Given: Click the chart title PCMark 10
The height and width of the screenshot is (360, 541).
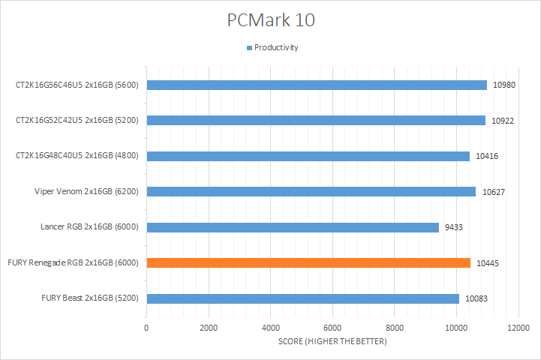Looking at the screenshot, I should [x=271, y=20].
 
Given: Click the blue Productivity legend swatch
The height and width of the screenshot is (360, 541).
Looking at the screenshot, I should [x=249, y=48].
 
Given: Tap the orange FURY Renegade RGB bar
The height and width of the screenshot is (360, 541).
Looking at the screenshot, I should [x=308, y=262].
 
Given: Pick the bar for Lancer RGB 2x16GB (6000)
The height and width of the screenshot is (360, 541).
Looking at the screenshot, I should [x=293, y=227].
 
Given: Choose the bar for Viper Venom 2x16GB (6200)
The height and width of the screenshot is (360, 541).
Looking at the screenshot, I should [x=311, y=191].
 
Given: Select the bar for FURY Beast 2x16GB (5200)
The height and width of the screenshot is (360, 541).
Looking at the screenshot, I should [x=302, y=298].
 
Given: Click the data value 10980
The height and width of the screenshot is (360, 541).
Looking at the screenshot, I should [x=503, y=85].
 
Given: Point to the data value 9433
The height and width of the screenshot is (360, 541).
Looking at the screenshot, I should [x=453, y=227].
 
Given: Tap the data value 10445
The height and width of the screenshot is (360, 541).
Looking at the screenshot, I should [x=487, y=262].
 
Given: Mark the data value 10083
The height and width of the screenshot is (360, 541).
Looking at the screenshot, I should [x=476, y=298].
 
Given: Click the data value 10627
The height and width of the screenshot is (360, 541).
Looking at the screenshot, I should [x=492, y=191].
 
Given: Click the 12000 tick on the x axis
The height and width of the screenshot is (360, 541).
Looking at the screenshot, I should [x=518, y=328].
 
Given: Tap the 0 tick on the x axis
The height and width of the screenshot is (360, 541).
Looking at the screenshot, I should [x=146, y=328].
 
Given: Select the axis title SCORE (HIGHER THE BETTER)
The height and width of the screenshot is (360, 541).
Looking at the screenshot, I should [x=332, y=343].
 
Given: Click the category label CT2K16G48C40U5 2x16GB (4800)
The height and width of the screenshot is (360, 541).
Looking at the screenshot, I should [x=80, y=156].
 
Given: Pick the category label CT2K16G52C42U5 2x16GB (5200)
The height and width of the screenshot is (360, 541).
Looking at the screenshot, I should [x=80, y=120].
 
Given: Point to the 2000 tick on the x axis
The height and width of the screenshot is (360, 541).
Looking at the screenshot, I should [x=209, y=328].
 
